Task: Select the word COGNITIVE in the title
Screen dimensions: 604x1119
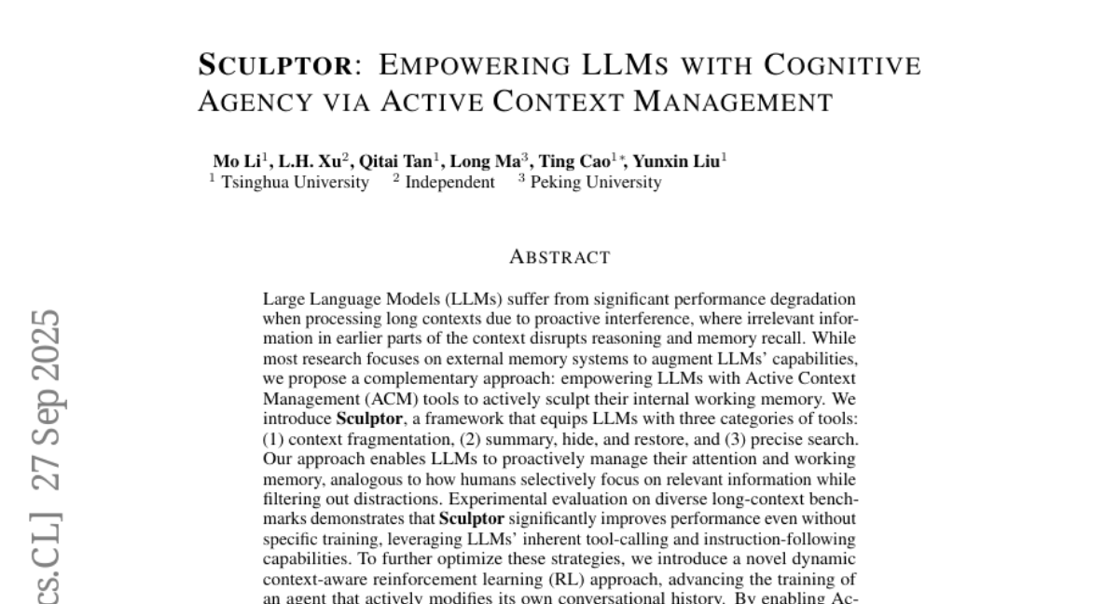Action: tap(842, 66)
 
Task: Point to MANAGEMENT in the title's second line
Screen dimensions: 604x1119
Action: tap(733, 102)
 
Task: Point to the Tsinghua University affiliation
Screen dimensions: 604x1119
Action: tap(295, 183)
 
